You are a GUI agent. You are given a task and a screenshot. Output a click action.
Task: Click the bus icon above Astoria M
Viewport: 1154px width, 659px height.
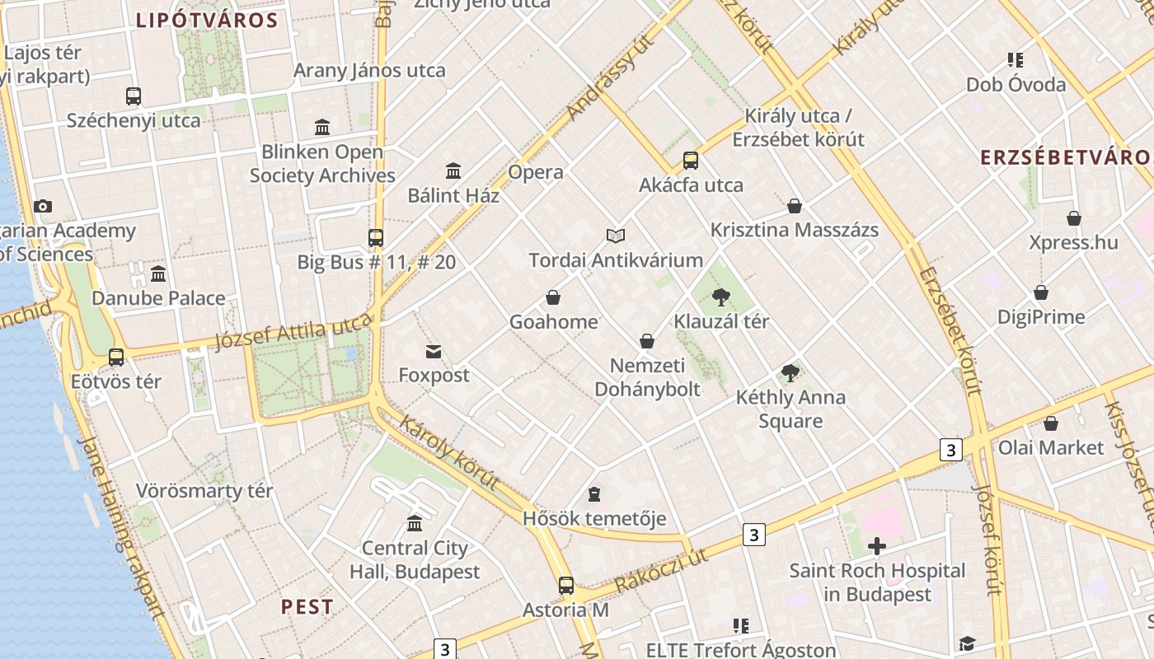tap(565, 586)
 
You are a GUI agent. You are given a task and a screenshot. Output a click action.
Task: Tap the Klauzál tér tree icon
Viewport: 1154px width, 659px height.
tap(721, 297)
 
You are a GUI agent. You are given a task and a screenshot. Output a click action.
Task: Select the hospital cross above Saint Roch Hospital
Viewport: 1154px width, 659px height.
tap(877, 546)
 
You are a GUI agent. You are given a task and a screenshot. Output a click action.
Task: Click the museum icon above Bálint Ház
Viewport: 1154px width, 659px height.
tap(453, 171)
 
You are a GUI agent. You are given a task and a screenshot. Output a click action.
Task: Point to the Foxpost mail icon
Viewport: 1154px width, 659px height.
tap(434, 352)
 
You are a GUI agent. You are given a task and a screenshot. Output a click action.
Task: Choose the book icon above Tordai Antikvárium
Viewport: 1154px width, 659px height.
tap(616, 236)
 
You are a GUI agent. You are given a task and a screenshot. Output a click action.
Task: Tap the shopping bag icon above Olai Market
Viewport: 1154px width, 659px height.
tap(1051, 423)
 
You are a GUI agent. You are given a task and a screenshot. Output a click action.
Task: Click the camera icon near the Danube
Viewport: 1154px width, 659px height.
tap(43, 207)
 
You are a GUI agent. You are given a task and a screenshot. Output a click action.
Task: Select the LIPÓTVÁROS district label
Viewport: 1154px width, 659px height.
tap(207, 21)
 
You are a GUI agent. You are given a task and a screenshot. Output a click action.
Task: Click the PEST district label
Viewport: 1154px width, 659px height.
tap(307, 607)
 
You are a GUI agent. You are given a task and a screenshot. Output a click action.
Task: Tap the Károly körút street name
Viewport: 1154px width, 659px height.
tap(450, 453)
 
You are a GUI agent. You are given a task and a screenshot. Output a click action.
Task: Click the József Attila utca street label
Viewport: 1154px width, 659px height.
tap(293, 333)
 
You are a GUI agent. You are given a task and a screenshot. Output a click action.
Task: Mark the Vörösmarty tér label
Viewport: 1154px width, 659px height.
tap(204, 491)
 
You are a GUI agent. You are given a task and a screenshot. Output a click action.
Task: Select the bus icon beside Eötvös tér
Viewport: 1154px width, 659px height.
tap(116, 358)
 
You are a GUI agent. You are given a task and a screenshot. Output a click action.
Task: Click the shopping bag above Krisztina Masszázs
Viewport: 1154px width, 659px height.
tap(795, 206)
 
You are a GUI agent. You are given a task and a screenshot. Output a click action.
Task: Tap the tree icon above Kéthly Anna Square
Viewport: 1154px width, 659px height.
tap(790, 373)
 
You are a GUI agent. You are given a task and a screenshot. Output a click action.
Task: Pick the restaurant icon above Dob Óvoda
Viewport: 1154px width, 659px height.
tap(1016, 60)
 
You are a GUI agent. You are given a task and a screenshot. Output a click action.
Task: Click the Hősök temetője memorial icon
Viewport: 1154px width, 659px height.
tap(594, 494)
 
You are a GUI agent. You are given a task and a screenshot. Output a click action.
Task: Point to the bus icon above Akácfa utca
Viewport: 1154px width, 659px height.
tap(691, 161)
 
